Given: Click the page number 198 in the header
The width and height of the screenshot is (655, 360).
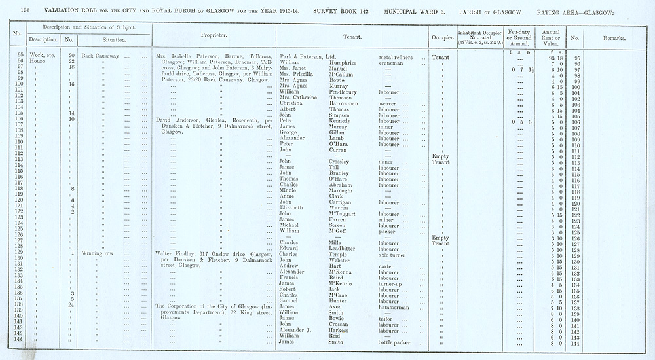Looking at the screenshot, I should tap(26, 10).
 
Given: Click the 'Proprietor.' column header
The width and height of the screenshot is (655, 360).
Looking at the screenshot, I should tap(214, 35).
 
